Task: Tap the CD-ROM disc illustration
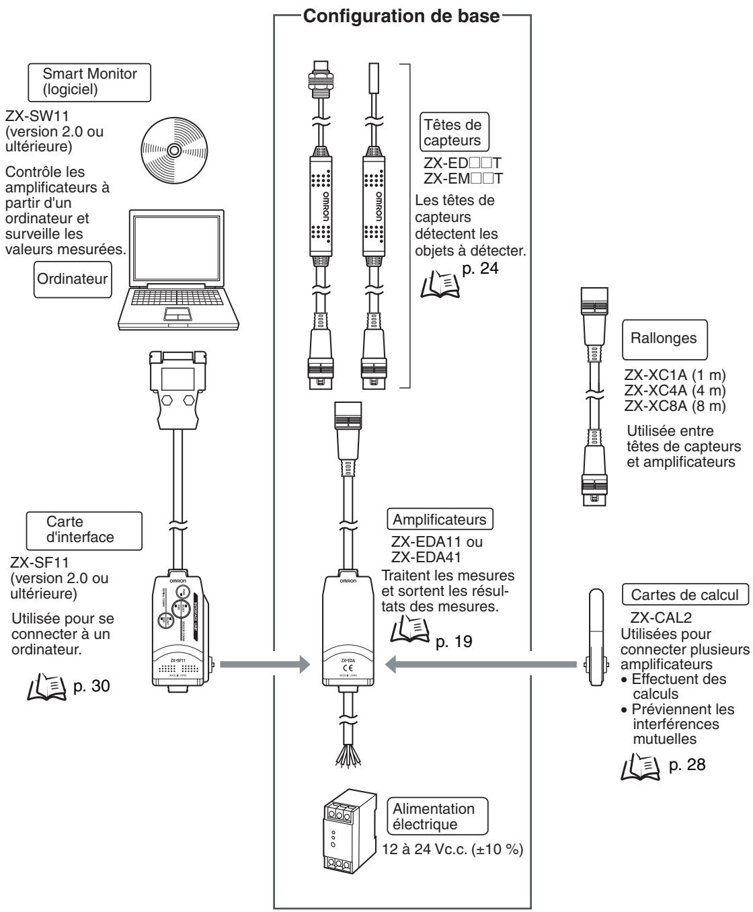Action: tap(173, 150)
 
